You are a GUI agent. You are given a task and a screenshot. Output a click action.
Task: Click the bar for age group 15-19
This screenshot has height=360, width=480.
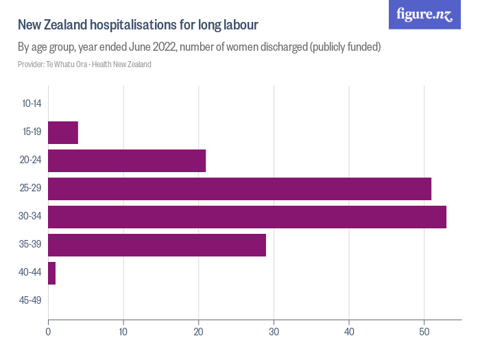63,132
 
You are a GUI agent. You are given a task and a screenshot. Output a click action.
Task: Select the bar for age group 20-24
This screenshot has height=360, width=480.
127,160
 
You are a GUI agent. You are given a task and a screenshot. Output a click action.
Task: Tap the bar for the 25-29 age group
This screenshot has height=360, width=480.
239,189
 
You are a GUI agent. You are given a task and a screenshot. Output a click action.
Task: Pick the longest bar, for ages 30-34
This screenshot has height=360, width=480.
247,217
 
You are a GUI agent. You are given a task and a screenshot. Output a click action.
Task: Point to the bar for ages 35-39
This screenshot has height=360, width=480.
157,245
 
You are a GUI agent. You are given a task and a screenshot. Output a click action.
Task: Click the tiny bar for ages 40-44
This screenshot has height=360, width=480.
51,273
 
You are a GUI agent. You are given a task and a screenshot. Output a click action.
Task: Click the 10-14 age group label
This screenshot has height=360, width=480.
32,104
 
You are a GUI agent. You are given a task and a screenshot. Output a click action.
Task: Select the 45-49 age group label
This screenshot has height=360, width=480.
32,301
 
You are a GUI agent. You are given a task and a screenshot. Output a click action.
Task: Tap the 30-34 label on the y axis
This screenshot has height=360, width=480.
32,217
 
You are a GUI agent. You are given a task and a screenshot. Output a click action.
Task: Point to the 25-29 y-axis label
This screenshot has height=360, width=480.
32,189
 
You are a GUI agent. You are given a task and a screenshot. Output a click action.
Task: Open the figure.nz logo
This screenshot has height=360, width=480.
424,14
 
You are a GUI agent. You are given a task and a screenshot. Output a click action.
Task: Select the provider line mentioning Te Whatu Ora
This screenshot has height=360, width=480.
84,64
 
